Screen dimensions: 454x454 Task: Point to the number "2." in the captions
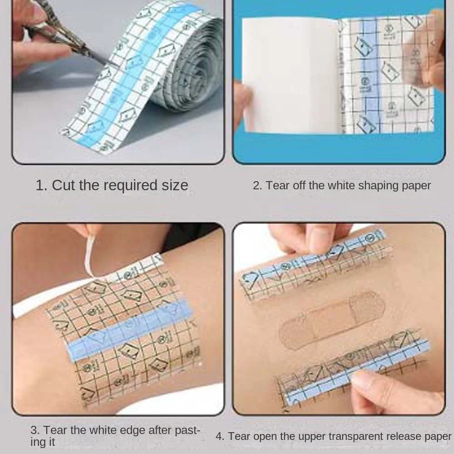point(257,186)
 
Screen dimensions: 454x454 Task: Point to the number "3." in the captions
point(35,430)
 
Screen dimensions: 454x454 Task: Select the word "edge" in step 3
point(132,431)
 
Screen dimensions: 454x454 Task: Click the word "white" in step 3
point(103,430)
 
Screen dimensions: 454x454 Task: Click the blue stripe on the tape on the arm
point(129,330)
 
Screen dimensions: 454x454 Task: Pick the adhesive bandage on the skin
point(332,319)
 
